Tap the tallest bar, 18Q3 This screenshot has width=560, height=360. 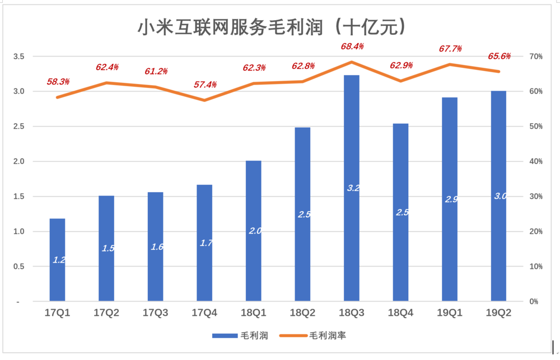[352, 188]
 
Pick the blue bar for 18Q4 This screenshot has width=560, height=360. [401, 212]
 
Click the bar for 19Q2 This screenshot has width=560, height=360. [499, 196]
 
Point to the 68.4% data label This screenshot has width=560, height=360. [352, 46]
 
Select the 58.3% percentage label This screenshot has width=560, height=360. [58, 81]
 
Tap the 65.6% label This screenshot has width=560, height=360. [500, 56]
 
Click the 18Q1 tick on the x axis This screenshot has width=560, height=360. [254, 313]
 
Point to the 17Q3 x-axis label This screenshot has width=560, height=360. [156, 313]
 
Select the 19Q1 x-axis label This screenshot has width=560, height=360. [450, 313]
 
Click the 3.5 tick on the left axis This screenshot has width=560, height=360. [18, 57]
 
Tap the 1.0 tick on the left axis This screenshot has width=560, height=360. [18, 231]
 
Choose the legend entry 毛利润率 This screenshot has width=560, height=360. [330, 335]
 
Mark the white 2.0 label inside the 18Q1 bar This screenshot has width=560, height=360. [254, 231]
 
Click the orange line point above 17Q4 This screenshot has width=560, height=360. [204, 100]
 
